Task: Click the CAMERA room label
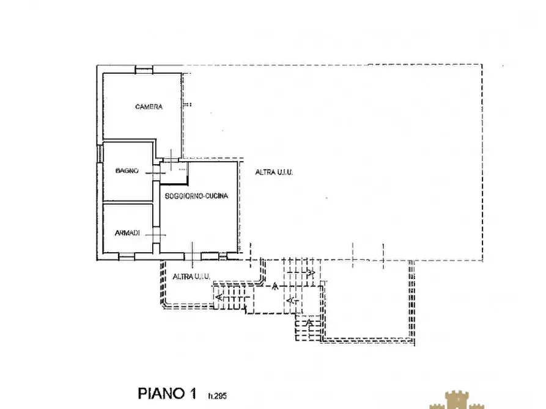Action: coord(149,106)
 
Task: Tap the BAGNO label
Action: coord(127,170)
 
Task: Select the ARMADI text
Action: coord(127,233)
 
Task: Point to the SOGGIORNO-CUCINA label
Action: coord(196,196)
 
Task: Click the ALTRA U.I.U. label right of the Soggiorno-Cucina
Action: coord(274,172)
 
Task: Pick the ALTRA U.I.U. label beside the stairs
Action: coord(191,277)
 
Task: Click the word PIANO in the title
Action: coord(161,393)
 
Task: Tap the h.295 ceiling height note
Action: coord(217,396)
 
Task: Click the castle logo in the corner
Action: coord(457,400)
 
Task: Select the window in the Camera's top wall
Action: coord(144,70)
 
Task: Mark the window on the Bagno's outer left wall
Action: coord(100,153)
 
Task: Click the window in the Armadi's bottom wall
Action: coord(127,256)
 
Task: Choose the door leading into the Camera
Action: coord(171,160)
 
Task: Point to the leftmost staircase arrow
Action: coord(219,297)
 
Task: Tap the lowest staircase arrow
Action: coord(309,322)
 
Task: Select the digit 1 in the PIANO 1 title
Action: coord(193,393)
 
